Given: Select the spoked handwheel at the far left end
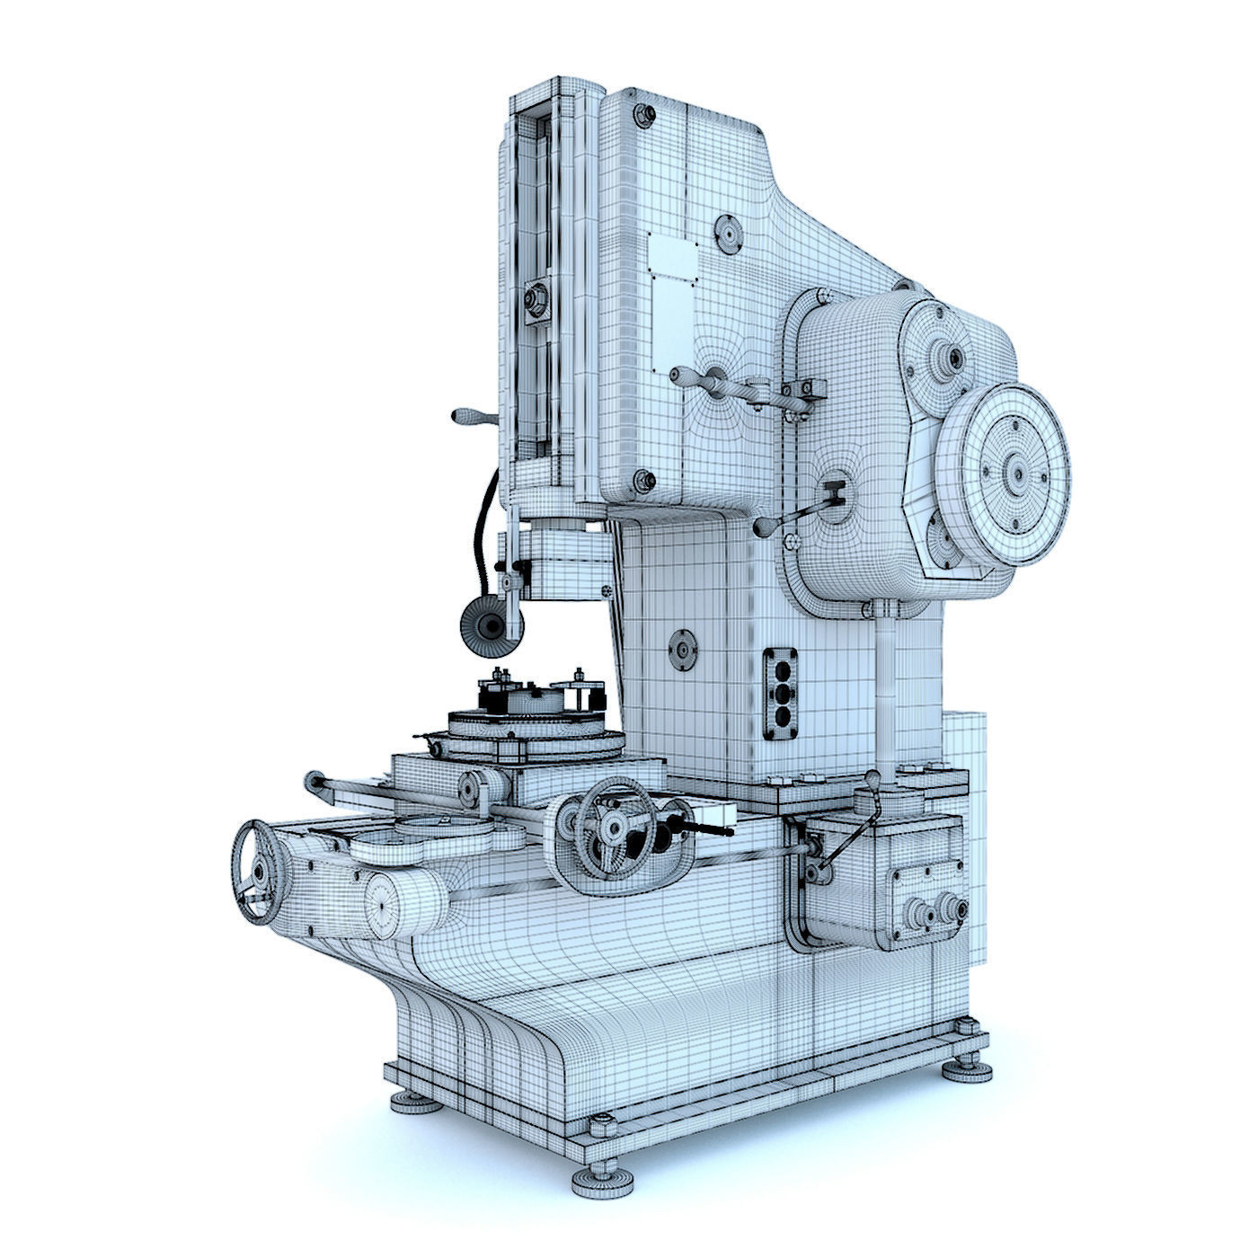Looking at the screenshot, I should pyautogui.click(x=258, y=872).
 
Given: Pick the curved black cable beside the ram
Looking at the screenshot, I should pyautogui.click(x=485, y=521).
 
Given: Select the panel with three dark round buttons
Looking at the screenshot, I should pyautogui.click(x=781, y=692).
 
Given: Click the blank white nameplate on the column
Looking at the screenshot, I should pyautogui.click(x=672, y=261).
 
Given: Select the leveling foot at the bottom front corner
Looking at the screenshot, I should pyautogui.click(x=599, y=1177).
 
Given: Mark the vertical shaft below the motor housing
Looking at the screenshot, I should pyautogui.click(x=885, y=683).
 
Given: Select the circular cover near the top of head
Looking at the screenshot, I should pyautogui.click(x=726, y=234).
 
